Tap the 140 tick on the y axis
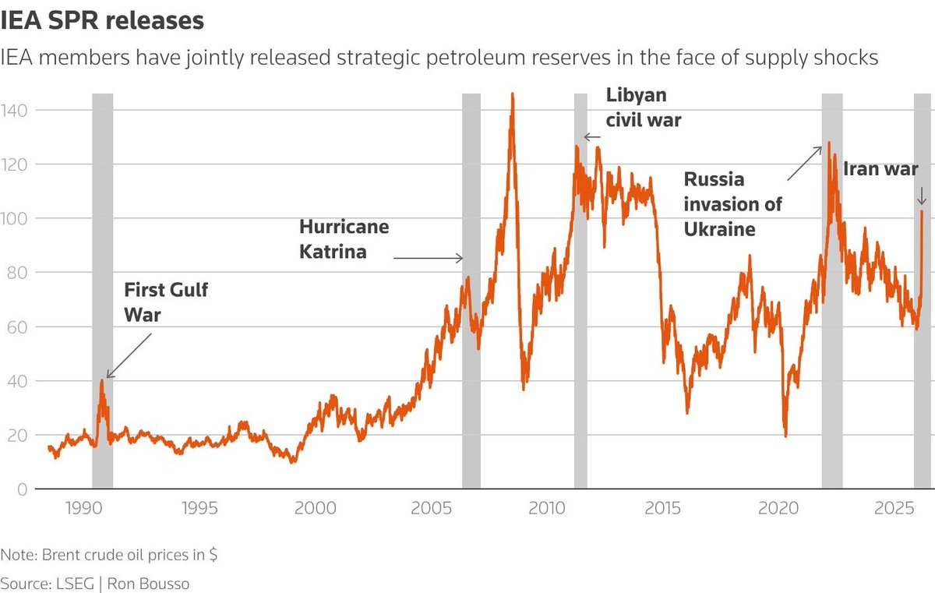point(16,111)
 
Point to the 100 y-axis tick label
point(16,219)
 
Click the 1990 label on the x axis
point(83,508)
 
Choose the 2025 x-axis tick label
point(894,508)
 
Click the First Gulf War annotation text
point(167,303)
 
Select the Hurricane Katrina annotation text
point(344,240)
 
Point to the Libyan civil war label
point(644,108)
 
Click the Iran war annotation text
point(881,168)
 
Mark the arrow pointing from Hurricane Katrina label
point(428,258)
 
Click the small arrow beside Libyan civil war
point(592,137)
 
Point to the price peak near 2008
point(512,94)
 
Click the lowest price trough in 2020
point(785,436)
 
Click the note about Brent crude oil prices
point(109,556)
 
